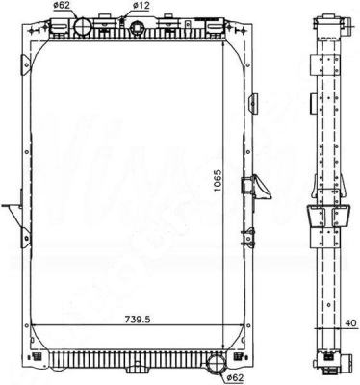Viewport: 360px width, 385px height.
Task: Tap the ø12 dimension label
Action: pos(140,6)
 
